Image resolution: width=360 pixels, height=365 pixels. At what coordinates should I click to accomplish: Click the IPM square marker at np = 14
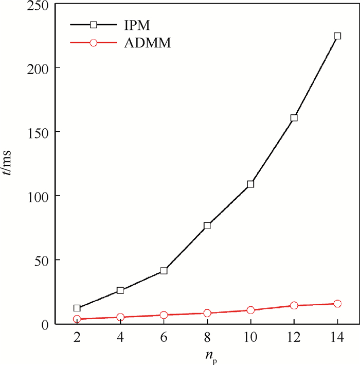[x=337, y=36]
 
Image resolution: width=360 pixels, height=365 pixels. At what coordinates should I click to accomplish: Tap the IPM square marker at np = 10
[x=250, y=184]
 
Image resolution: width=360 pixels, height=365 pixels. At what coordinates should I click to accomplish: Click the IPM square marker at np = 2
[x=77, y=308]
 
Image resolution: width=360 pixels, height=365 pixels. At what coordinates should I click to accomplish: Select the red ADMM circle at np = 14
[x=337, y=304]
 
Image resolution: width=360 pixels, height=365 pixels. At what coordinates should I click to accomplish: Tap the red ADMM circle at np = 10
[x=250, y=310]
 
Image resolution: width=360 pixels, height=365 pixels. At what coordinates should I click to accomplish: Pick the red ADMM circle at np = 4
[x=120, y=317]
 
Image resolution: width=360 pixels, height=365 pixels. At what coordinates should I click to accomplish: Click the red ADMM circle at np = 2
[x=77, y=319]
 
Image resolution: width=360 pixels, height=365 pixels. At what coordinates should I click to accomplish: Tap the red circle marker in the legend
[x=93, y=43]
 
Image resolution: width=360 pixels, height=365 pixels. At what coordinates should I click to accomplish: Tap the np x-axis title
[x=207, y=355]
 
